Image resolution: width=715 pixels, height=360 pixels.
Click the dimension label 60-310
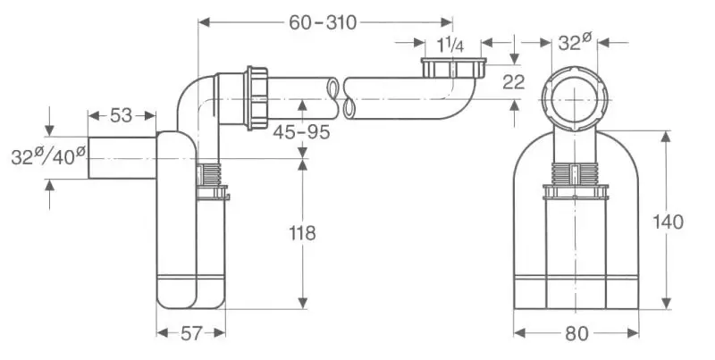coord(324,22)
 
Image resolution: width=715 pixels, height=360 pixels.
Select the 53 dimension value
coord(122,115)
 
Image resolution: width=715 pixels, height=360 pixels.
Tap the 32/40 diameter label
coord(49,155)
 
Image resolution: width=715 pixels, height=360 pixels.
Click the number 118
coord(303,234)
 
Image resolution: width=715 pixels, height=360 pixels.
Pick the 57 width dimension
coord(190,333)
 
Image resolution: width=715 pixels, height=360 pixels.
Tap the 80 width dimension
coord(576,333)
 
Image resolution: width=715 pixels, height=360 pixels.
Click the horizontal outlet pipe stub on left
coord(121,158)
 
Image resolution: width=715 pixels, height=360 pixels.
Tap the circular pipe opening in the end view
coord(575,98)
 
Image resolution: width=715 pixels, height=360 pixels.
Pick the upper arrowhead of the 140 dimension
coord(665,136)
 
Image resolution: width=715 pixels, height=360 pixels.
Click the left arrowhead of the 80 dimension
coord(518,333)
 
